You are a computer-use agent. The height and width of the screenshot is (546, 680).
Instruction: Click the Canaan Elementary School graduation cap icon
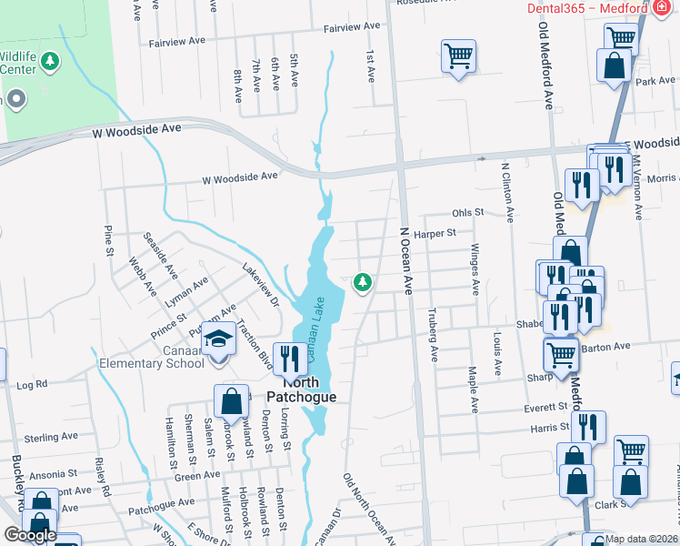tap(218, 340)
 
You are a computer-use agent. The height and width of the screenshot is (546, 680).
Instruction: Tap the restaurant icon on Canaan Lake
tap(291, 359)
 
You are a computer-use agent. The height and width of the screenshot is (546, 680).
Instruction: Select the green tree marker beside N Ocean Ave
tap(364, 282)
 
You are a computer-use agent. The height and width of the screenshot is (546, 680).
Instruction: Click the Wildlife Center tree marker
tap(51, 62)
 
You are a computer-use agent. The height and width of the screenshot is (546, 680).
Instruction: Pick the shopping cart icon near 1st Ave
tap(458, 55)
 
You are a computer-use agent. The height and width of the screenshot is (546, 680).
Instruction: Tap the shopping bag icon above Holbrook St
tap(232, 400)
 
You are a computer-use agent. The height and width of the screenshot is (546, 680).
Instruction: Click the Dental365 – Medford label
tap(586, 8)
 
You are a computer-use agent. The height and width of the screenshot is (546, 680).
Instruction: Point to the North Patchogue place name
tap(301, 390)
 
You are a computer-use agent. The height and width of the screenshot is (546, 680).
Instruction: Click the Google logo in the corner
tap(30, 534)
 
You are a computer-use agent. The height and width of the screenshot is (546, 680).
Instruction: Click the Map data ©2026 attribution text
tap(640, 539)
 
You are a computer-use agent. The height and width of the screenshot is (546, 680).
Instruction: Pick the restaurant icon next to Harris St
tap(588, 428)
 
